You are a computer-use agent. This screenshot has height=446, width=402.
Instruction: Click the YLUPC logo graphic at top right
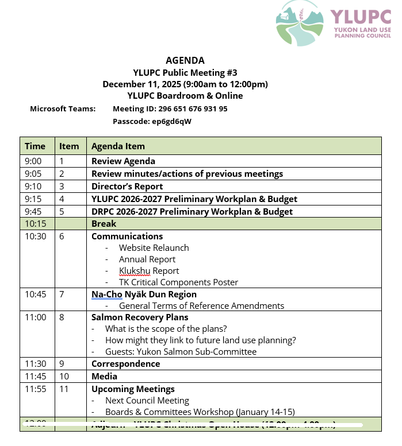(x=300, y=23)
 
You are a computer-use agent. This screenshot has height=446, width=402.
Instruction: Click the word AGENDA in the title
(x=185, y=60)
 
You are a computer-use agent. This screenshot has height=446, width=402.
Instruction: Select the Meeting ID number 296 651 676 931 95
(x=170, y=108)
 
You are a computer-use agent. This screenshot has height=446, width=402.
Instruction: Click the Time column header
(x=35, y=146)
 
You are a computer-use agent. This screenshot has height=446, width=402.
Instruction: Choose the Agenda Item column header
(x=118, y=146)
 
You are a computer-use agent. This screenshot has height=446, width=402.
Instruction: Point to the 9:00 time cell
(x=33, y=161)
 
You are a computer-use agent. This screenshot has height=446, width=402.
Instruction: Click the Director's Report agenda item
(x=127, y=186)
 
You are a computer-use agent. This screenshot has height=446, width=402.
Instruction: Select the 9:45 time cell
(x=33, y=211)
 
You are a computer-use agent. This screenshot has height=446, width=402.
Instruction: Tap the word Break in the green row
(x=104, y=224)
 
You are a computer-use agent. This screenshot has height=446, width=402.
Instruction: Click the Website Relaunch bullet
(x=154, y=248)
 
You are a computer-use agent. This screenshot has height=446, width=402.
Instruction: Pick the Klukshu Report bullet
(x=149, y=271)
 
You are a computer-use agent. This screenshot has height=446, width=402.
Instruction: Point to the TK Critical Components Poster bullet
(x=178, y=282)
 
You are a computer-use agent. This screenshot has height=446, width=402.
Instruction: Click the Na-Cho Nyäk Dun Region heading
(x=144, y=294)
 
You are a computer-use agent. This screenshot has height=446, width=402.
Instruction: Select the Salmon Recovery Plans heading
(x=140, y=317)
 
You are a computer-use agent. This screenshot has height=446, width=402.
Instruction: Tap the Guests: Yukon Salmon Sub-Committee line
(x=181, y=351)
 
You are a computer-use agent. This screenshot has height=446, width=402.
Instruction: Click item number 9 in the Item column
(x=62, y=364)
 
